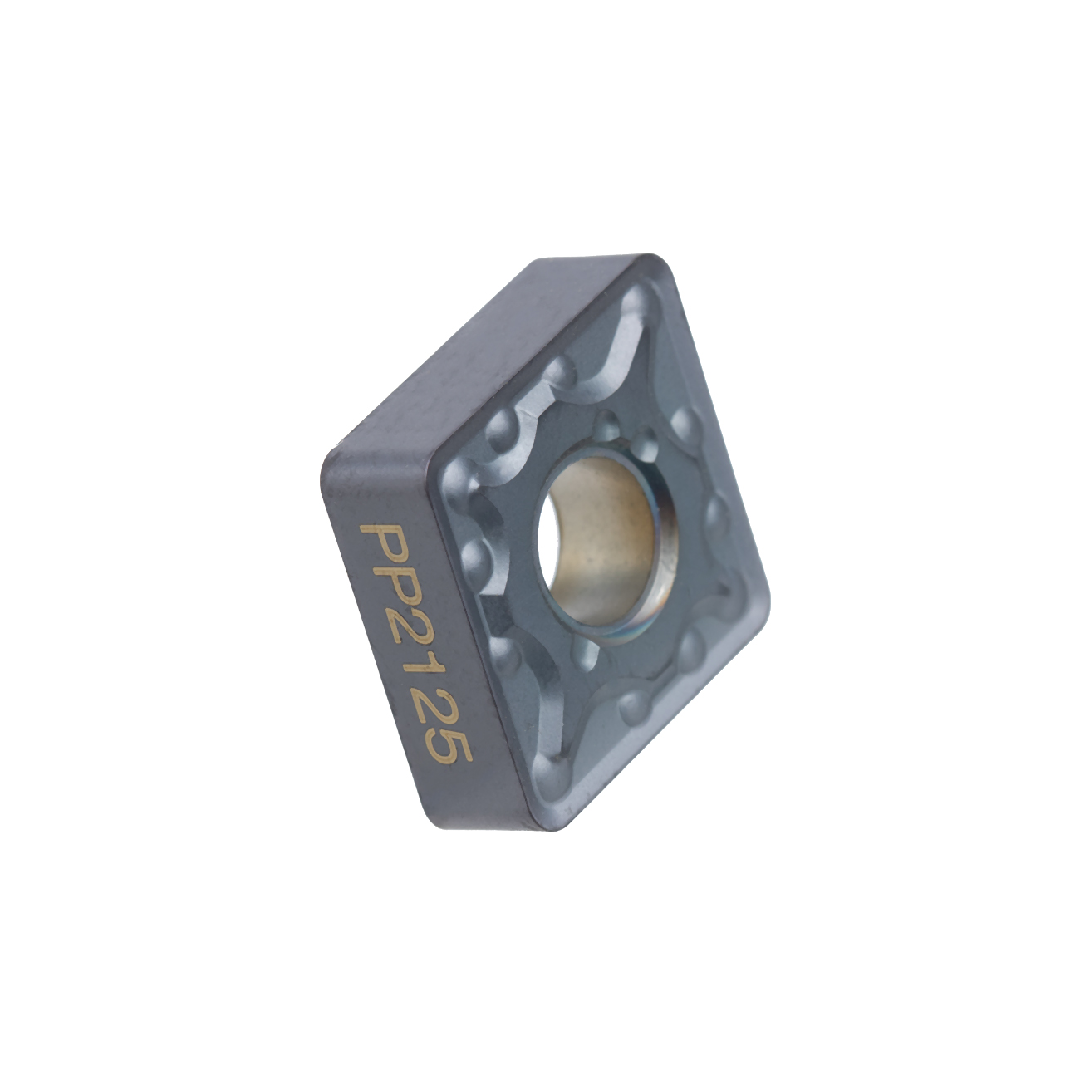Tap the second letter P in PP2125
click(394, 588)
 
